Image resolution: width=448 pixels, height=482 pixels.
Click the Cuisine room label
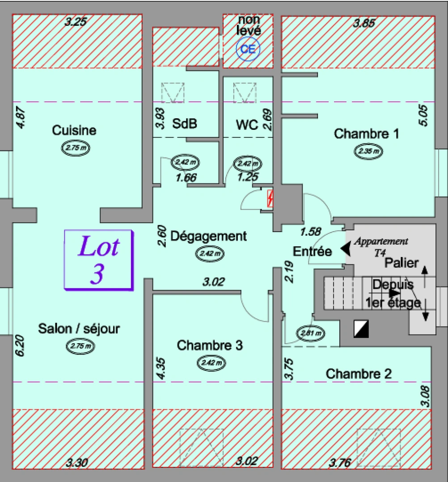coord(74,130)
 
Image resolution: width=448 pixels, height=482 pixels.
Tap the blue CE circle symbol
coord(248,50)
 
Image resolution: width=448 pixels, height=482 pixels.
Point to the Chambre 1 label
coord(367,133)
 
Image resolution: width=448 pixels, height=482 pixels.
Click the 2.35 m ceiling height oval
coord(369,151)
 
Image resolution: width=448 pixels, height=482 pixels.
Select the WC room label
coord(247,125)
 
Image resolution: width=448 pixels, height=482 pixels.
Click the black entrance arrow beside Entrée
coord(346,249)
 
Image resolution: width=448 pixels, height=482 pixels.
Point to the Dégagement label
coord(208,236)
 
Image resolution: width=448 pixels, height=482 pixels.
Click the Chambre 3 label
coord(210,345)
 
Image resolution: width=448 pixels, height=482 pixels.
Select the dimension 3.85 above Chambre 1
coord(363,24)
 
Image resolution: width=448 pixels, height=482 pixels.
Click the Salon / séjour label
coord(79,329)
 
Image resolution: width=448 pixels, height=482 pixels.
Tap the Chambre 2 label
coord(359,374)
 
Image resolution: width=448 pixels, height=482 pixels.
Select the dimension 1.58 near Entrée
coord(310,232)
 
